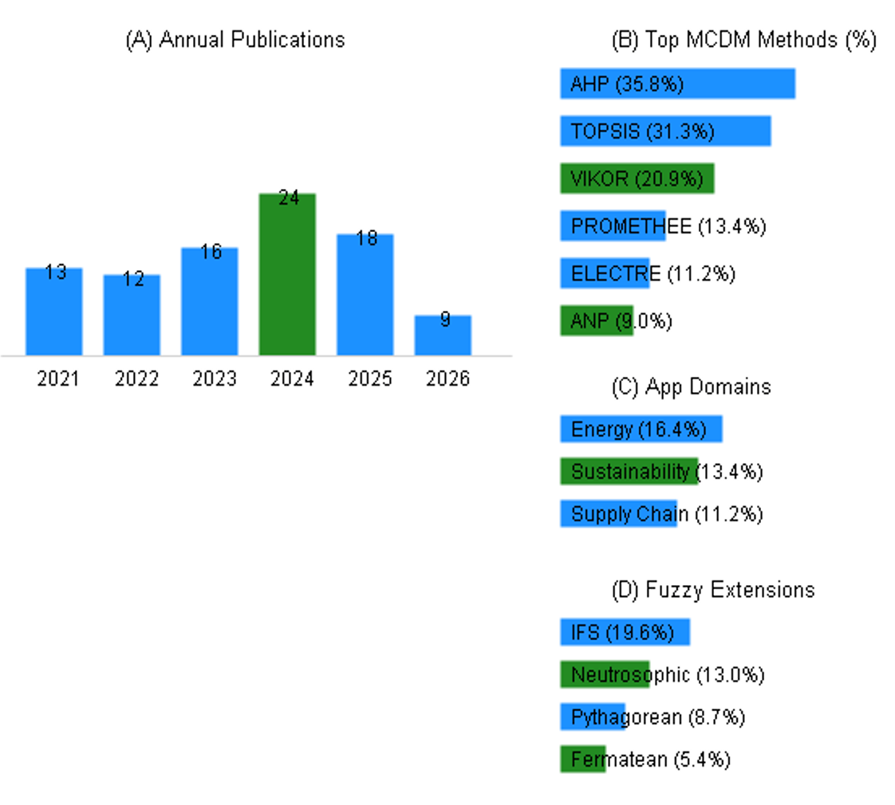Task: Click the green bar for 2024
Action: pos(287,274)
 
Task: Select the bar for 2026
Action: pos(443,336)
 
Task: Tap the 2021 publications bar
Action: pos(54,312)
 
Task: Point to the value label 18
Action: pos(366,238)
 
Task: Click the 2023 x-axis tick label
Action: pos(214,379)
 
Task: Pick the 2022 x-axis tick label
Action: pos(136,379)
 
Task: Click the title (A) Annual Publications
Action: pos(235,40)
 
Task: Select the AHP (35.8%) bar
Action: pos(677,84)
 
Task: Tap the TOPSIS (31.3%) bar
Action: pos(665,132)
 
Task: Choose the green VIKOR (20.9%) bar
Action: pos(637,179)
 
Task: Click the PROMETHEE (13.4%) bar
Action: pos(613,226)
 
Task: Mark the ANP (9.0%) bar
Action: pos(597,320)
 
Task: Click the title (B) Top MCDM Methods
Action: pos(743,40)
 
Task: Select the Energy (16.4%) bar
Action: pos(641,429)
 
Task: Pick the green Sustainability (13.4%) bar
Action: pos(629,471)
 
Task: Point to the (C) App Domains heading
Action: pos(692,387)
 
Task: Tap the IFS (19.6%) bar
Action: pos(625,632)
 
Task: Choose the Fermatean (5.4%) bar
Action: pos(583,760)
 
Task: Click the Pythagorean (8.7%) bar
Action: pos(593,717)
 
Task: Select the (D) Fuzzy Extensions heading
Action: pos(713,590)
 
